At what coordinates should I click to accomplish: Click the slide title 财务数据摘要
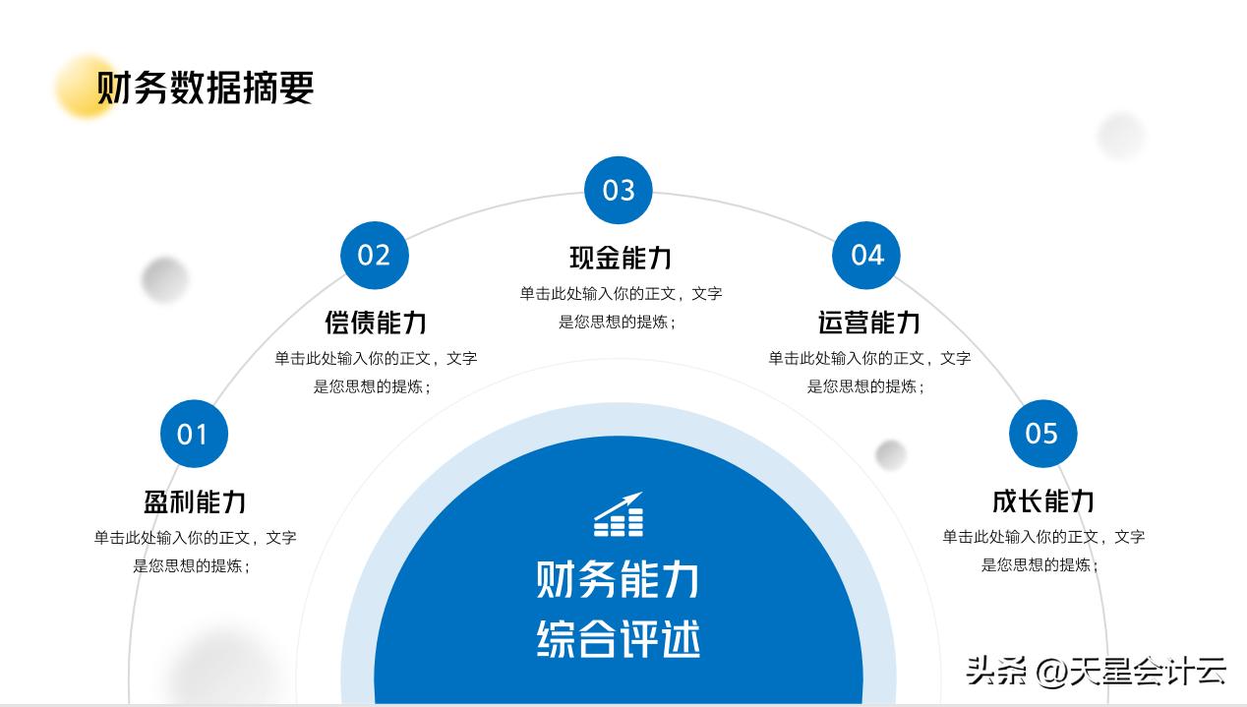205,88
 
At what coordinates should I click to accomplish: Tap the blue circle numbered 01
194,434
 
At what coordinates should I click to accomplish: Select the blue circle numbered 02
374,256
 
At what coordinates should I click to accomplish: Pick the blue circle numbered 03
619,190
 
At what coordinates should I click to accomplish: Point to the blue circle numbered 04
866,256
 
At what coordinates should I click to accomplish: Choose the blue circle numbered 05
1042,434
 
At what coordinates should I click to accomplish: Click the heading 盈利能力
195,501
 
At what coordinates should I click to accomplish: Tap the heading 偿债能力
376,323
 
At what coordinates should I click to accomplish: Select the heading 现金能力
621,258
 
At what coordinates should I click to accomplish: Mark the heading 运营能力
869,323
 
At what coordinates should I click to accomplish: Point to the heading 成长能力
1043,501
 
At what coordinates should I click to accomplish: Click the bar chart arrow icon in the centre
619,514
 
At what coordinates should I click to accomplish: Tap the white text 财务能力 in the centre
619,579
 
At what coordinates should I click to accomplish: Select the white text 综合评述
619,639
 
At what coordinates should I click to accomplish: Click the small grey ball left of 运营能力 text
891,454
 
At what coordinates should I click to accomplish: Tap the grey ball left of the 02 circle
164,279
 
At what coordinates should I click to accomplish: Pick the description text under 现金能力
621,307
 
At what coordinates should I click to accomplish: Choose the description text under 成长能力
1043,551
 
